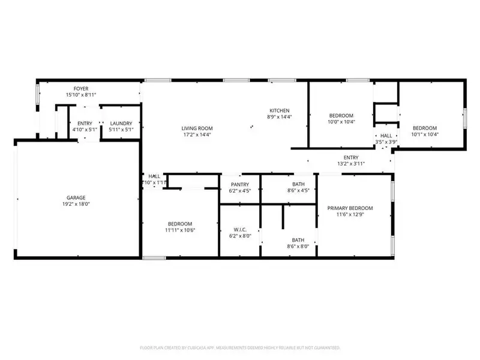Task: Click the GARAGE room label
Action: pyautogui.click(x=76, y=197)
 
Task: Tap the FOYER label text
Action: pyautogui.click(x=73, y=88)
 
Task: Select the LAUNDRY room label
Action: pyautogui.click(x=121, y=123)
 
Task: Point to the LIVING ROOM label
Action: pyautogui.click(x=197, y=128)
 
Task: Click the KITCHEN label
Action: pyautogui.click(x=280, y=110)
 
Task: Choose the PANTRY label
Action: pyautogui.click(x=239, y=184)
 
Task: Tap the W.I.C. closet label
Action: pyautogui.click(x=239, y=229)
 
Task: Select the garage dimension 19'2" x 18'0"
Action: pyautogui.click(x=76, y=204)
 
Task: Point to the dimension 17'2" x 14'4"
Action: pyautogui.click(x=197, y=134)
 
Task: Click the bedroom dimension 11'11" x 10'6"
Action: pyautogui.click(x=180, y=229)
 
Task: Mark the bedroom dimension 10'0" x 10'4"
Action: pyautogui.click(x=341, y=122)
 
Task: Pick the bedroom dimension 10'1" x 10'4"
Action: pyautogui.click(x=424, y=134)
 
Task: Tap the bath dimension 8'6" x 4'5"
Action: pyautogui.click(x=299, y=191)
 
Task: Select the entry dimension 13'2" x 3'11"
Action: pyautogui.click(x=351, y=164)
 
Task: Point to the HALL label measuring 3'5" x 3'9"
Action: pyautogui.click(x=386, y=136)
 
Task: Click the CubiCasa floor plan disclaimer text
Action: pyautogui.click(x=240, y=347)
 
